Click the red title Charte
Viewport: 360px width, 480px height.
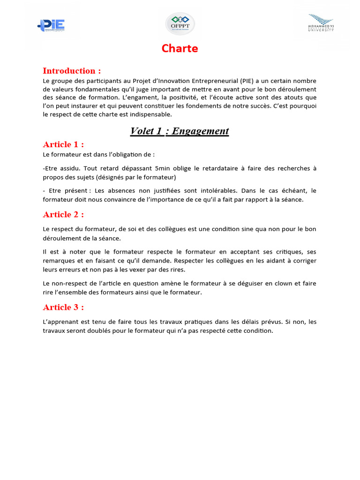180,48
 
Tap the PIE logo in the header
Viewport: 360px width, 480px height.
51,25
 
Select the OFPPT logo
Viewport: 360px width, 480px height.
180,24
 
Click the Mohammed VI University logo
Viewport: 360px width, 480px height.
321,23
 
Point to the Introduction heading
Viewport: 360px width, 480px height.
72,71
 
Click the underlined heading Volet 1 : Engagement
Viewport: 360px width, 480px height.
180,131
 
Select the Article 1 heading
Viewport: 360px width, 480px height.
63,144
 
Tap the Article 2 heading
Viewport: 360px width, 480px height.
63,214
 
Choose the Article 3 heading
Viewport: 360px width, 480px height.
63,307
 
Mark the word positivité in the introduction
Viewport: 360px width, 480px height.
150,97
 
